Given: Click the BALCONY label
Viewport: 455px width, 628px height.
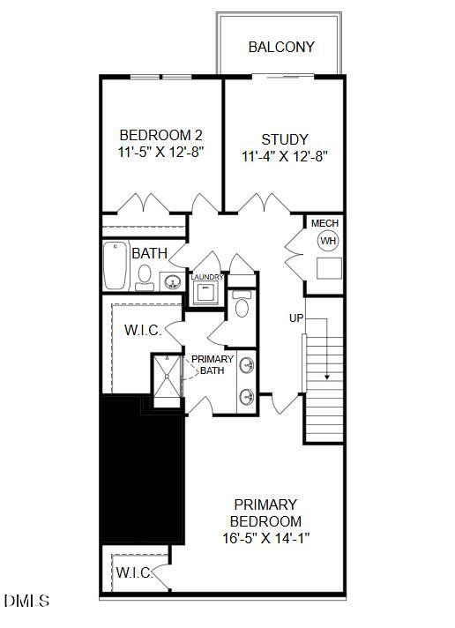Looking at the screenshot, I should click(x=281, y=47).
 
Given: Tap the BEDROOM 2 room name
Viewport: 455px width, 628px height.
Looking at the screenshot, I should click(x=161, y=136).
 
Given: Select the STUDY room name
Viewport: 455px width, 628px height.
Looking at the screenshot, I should click(x=285, y=139).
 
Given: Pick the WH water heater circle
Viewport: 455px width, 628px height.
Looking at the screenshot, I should click(x=328, y=241).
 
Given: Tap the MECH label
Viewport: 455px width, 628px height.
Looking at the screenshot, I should click(x=324, y=223).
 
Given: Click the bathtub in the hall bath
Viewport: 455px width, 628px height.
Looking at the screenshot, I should click(x=116, y=265).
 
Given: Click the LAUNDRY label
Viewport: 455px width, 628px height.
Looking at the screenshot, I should click(x=207, y=277).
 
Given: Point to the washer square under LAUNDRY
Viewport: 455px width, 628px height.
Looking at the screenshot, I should click(x=206, y=293).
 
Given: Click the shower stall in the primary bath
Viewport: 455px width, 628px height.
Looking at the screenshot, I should click(x=163, y=379).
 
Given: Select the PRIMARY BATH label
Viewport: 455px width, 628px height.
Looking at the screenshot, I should click(x=213, y=364).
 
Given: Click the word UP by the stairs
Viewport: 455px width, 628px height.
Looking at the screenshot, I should click(x=297, y=317).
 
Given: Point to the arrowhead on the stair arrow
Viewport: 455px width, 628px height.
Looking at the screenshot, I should click(x=327, y=377).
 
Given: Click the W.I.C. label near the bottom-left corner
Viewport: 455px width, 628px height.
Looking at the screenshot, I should click(x=133, y=572).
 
